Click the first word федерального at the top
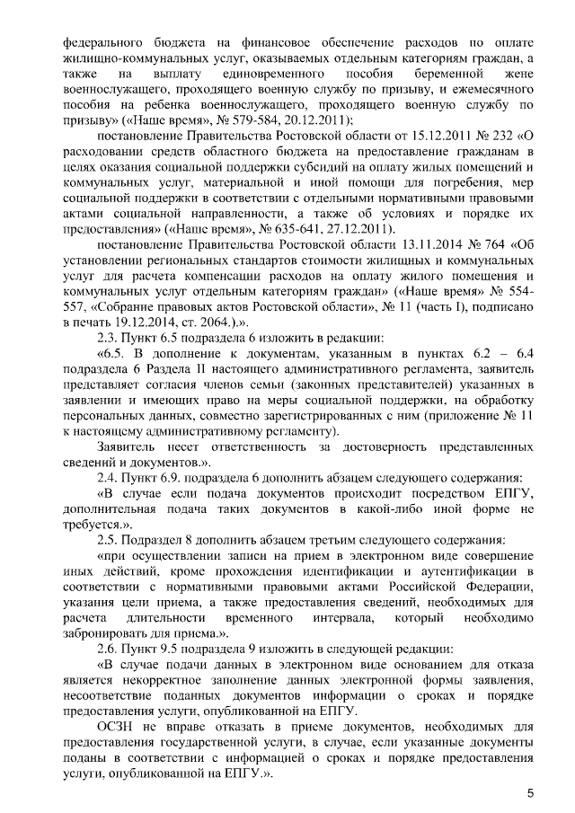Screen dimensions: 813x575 pyautogui.click(x=102, y=41)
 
